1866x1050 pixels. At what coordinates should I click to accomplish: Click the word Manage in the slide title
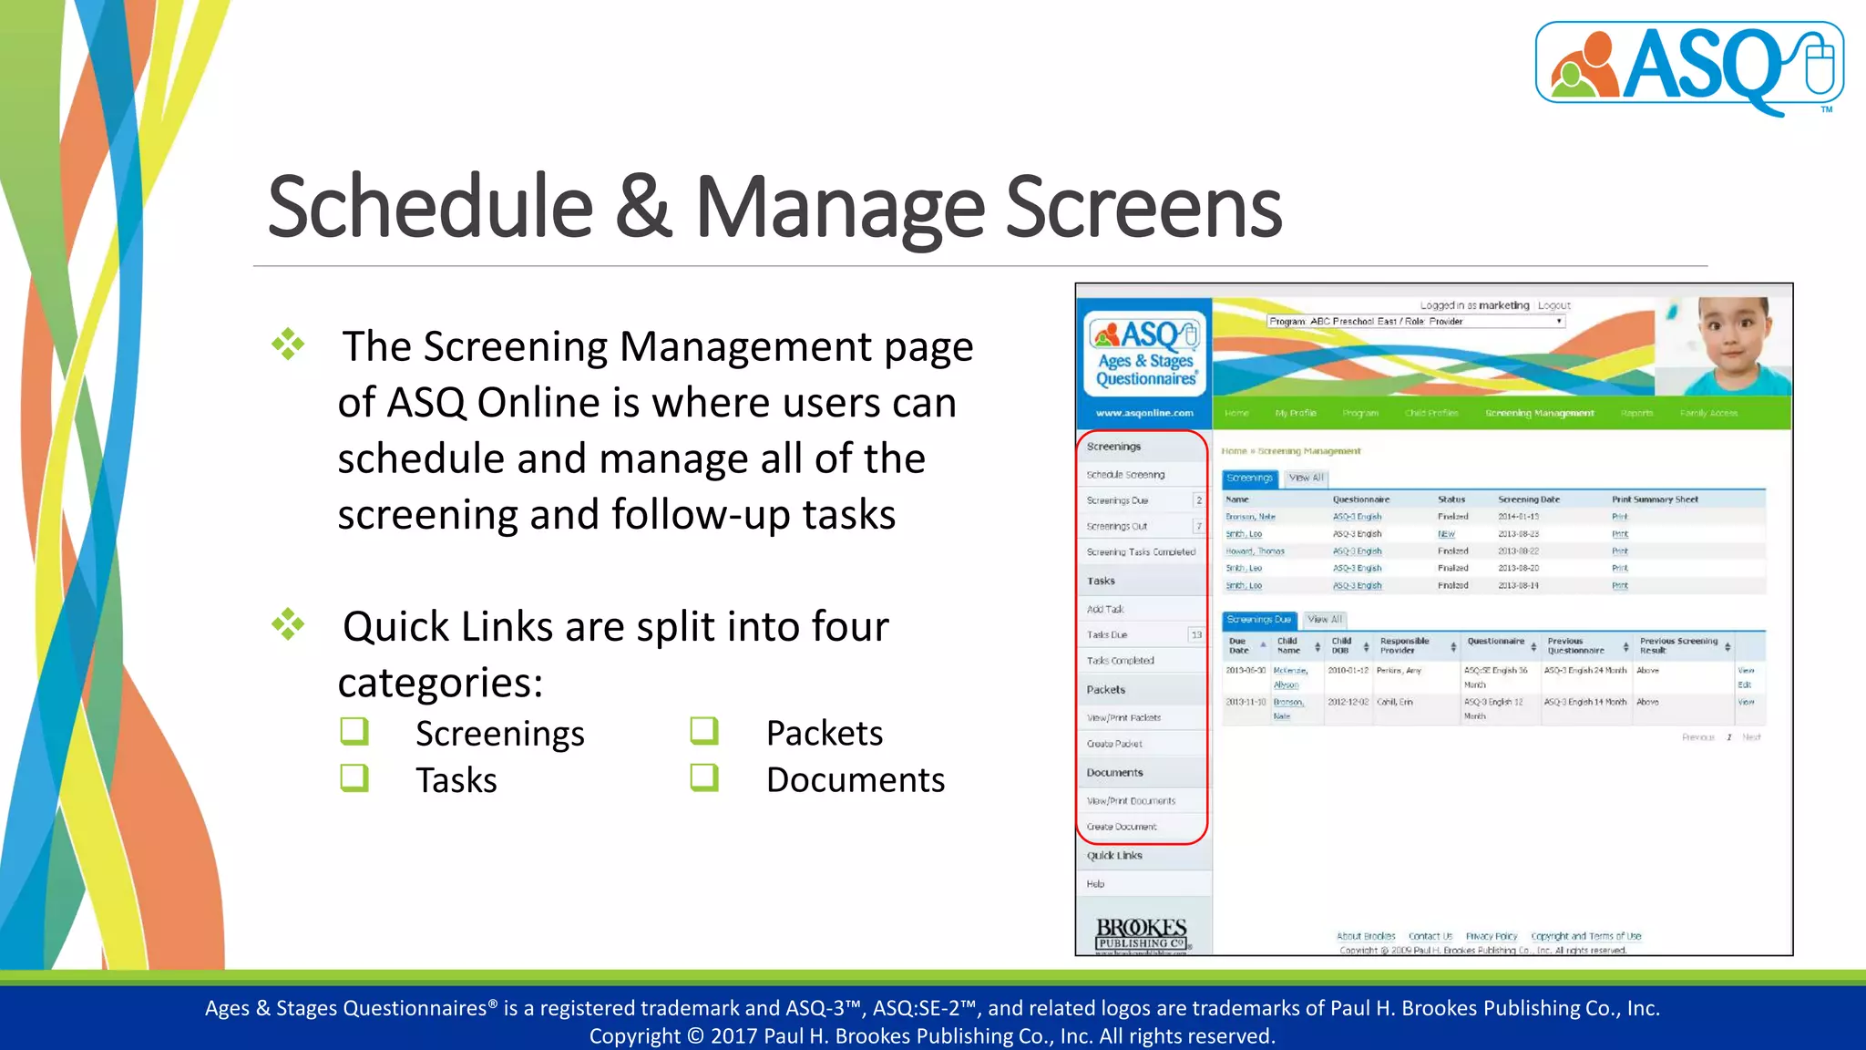point(839,209)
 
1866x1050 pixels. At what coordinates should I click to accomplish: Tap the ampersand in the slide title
point(643,209)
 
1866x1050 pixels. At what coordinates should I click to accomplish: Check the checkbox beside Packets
point(704,731)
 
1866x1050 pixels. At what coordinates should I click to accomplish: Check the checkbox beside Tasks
point(354,778)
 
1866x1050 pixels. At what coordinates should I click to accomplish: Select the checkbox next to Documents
point(704,777)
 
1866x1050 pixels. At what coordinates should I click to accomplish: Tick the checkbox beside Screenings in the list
point(354,731)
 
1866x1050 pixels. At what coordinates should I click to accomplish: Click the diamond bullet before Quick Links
point(288,625)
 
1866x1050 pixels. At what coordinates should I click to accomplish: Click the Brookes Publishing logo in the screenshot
point(1141,933)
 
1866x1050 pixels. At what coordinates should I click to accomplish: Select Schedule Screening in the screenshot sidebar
point(1125,475)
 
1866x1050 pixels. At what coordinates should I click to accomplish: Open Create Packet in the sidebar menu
point(1114,744)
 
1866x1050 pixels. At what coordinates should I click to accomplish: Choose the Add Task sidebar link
point(1105,609)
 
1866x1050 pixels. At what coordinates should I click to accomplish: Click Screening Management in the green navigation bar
point(1539,413)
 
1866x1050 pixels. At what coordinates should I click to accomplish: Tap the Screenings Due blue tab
point(1258,620)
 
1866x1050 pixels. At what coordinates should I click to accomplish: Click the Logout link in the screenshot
point(1554,305)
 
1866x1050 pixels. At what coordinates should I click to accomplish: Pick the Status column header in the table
point(1451,499)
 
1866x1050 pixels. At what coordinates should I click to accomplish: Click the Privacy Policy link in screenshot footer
point(1491,936)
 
